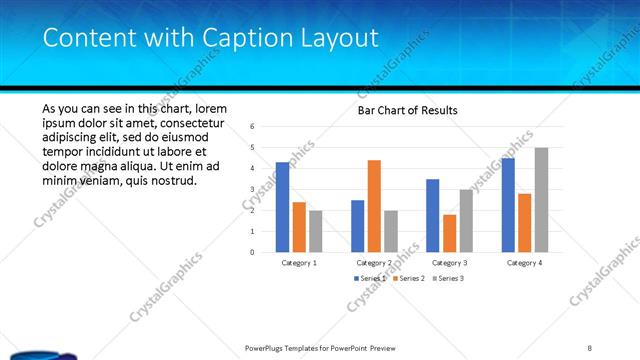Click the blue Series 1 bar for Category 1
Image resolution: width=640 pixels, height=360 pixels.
[283, 207]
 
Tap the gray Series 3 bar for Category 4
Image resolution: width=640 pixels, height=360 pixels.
[541, 200]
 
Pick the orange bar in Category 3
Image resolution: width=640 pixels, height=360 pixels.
[449, 233]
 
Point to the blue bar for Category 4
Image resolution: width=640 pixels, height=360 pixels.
[508, 205]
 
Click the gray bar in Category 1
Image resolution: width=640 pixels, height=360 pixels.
[316, 231]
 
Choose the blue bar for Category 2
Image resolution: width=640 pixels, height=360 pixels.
[358, 226]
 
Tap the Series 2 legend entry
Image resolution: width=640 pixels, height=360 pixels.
[408, 278]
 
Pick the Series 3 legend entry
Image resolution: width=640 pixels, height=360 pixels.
[448, 278]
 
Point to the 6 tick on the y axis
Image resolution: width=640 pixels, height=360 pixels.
[253, 126]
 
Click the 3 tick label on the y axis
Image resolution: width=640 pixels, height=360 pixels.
[253, 189]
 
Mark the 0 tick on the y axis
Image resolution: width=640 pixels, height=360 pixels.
[253, 252]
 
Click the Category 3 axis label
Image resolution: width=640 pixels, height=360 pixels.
[449, 262]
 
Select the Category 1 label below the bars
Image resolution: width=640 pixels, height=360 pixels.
[299, 262]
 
